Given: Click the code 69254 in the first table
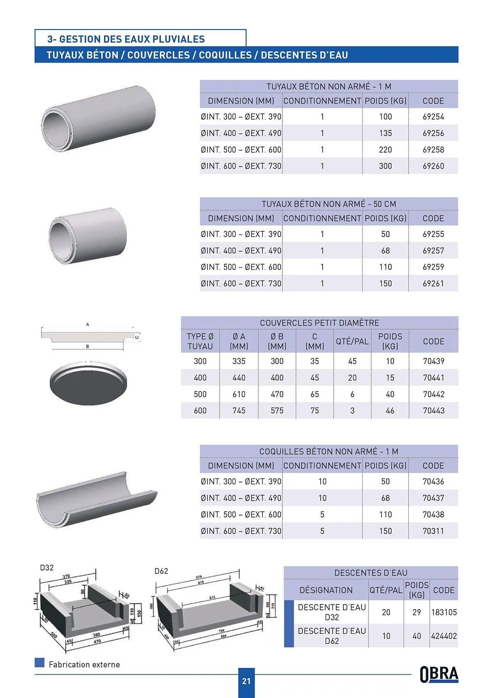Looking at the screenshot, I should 433,117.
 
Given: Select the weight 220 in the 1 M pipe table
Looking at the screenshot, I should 385,150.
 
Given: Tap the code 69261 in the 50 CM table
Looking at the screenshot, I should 433,283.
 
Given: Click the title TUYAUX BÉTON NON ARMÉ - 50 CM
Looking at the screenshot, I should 329,204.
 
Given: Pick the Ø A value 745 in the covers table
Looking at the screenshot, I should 239,411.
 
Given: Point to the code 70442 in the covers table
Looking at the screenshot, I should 434,394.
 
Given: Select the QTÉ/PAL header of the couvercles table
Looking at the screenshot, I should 352,341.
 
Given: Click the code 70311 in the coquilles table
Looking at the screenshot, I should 433,531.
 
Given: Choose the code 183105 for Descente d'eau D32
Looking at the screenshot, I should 444,612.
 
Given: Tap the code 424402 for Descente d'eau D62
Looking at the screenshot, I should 444,636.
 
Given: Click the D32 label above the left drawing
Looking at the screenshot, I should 47,568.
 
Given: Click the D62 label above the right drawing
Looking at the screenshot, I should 161,571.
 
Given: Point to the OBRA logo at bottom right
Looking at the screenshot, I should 439,674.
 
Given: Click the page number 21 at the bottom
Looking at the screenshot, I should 246,681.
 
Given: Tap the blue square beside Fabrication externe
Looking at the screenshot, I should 39,662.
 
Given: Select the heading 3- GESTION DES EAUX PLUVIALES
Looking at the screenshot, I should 126,39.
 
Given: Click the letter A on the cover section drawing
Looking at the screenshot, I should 88,325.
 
